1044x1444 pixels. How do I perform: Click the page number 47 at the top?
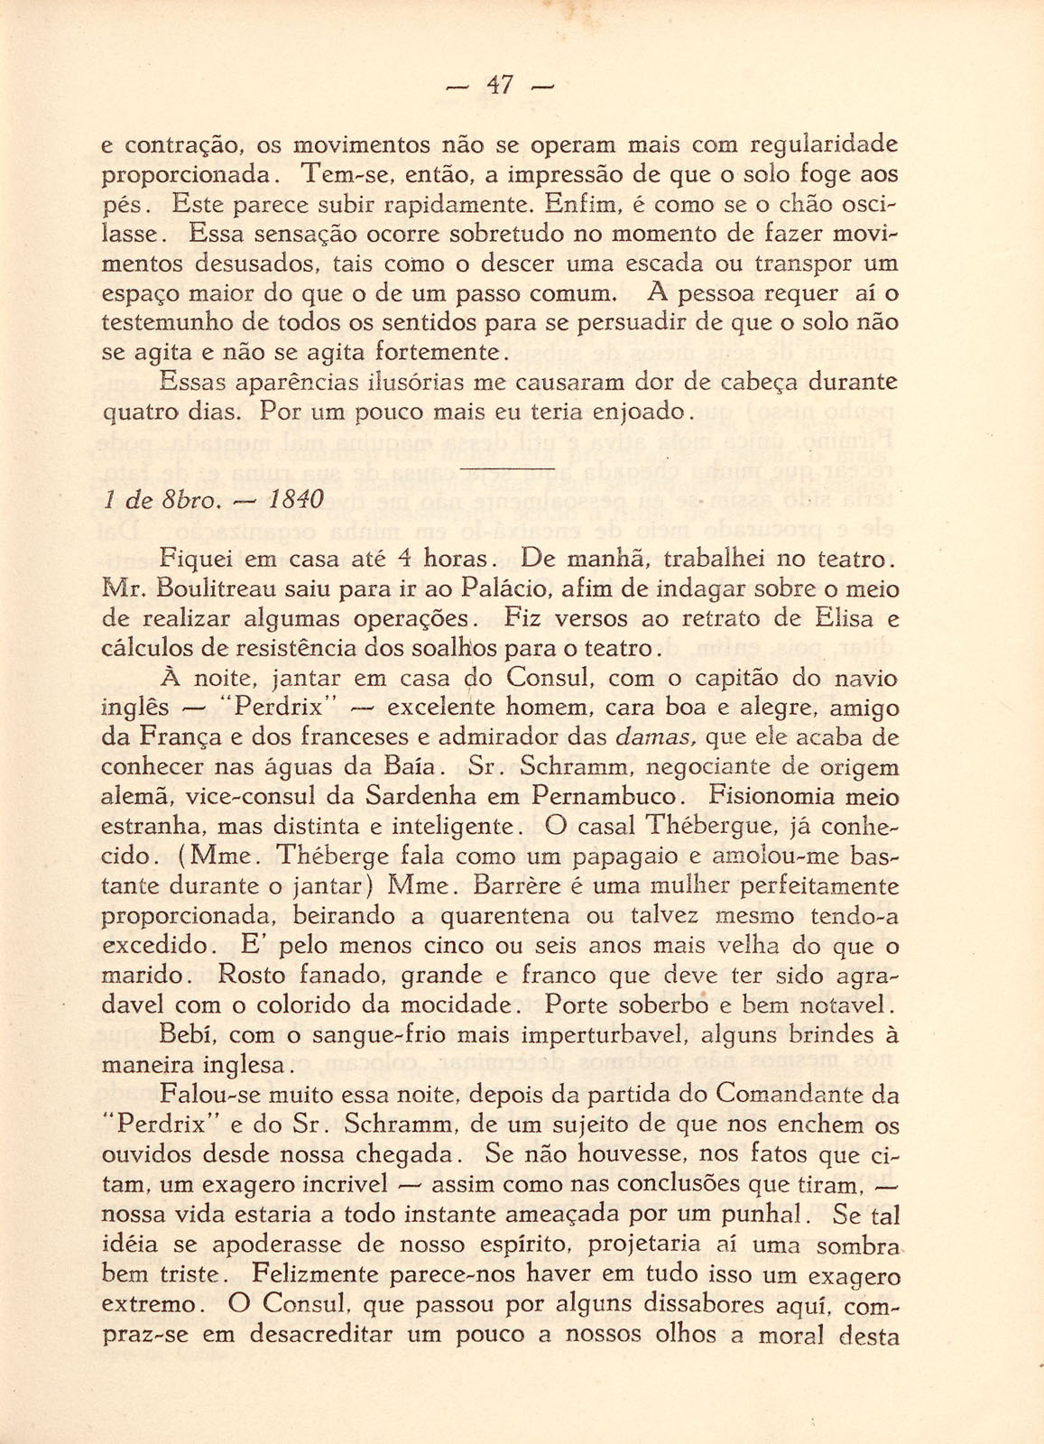(500, 86)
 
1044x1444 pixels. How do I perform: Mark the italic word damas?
(654, 737)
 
